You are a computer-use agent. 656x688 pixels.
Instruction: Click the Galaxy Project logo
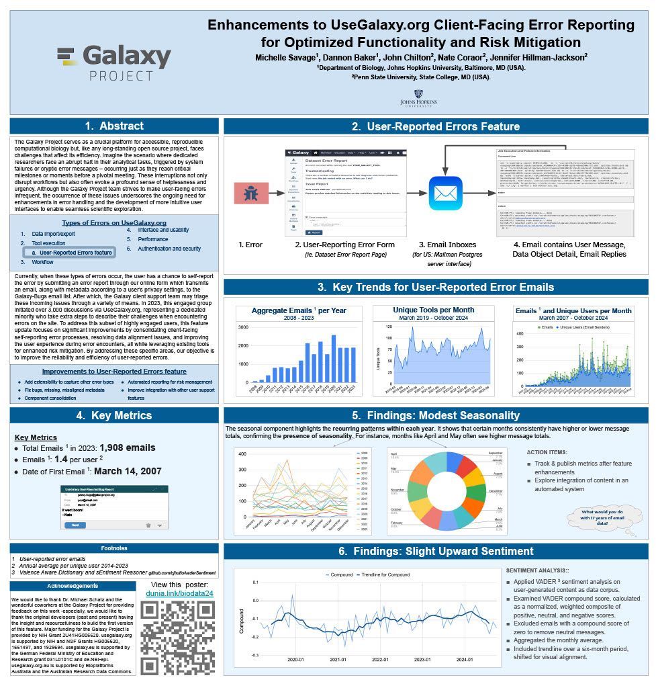[x=114, y=63]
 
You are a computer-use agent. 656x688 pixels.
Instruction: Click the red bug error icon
[x=251, y=194]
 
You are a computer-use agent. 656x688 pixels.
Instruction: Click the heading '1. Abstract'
[x=114, y=126]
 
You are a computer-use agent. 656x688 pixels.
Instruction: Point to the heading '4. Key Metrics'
[x=114, y=415]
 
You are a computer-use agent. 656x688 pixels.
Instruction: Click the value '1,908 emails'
[x=128, y=447]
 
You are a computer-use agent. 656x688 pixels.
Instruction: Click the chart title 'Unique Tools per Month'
[x=433, y=310]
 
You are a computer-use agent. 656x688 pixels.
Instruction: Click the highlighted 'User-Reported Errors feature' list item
[x=76, y=253]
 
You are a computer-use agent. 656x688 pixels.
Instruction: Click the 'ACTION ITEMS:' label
[x=547, y=452]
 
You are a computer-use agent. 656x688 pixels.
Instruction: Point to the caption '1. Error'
[x=250, y=245]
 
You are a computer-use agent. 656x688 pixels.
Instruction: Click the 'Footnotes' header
[x=114, y=548]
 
